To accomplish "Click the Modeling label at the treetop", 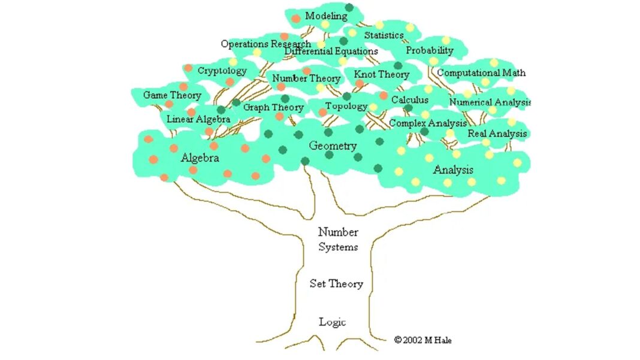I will point(326,16).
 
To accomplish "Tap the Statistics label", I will point(384,35).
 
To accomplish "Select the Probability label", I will point(430,51).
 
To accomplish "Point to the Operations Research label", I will point(265,44).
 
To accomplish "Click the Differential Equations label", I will point(331,52).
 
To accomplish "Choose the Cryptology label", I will point(222,71).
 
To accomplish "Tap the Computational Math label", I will point(482,73).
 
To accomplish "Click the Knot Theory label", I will point(382,75).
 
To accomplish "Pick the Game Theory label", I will point(172,95).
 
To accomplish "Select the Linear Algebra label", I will point(198,119).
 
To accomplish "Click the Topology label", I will point(346,107).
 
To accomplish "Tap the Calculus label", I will point(410,100).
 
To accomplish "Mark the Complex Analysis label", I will point(428,123).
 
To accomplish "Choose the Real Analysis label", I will point(497,134).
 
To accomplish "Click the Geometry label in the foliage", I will point(333,146).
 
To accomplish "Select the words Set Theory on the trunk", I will point(336,284).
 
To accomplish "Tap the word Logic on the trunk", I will point(333,322).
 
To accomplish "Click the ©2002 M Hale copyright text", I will point(422,340).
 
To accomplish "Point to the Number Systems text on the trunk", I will point(338,239).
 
